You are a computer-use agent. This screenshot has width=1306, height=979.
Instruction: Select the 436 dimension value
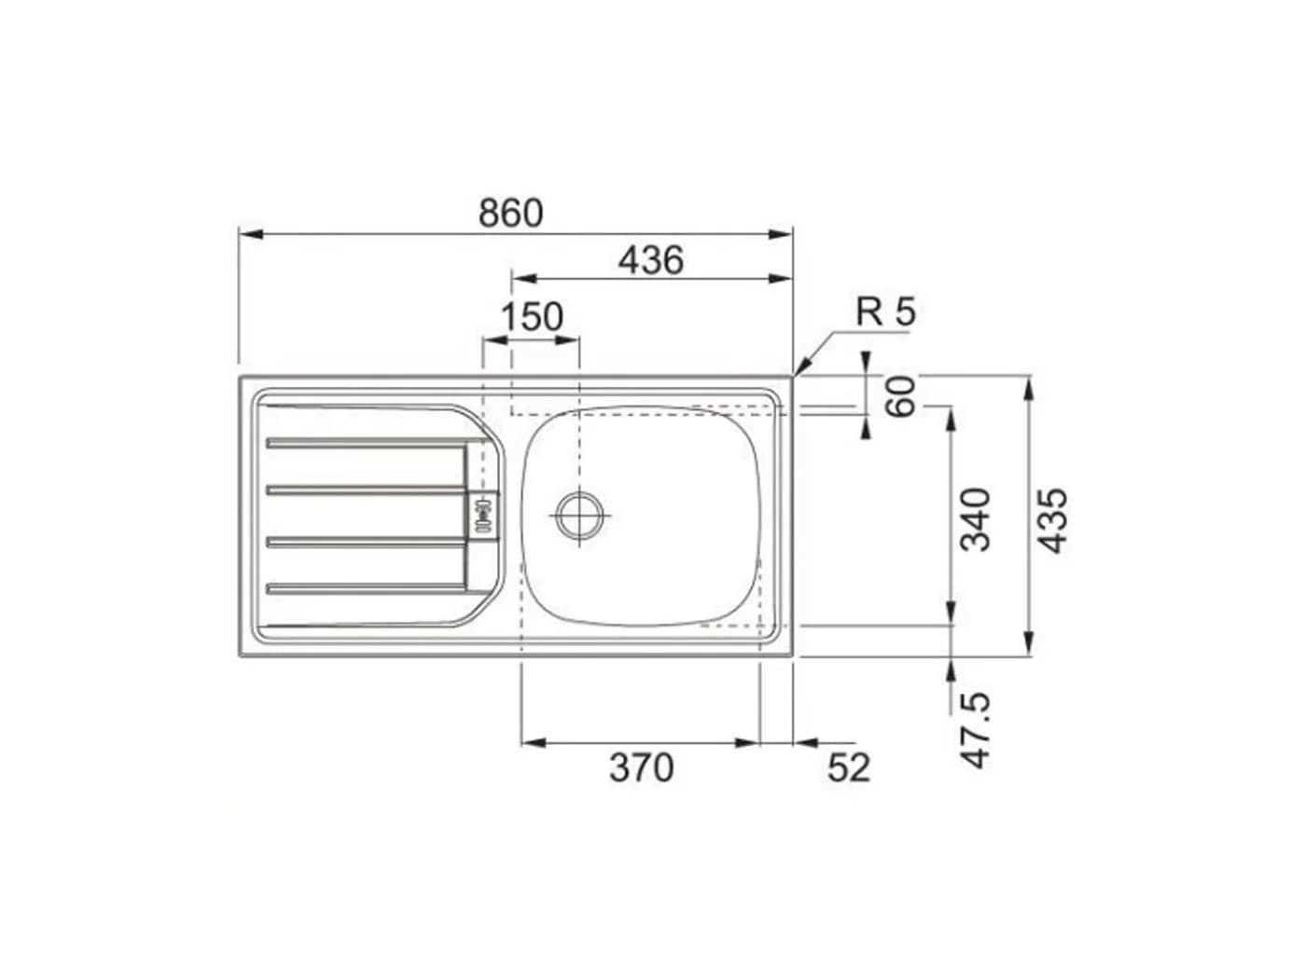pos(651,260)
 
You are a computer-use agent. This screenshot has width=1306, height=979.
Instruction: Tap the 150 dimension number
pos(532,317)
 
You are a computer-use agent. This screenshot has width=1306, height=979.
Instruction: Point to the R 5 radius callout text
pos(885,311)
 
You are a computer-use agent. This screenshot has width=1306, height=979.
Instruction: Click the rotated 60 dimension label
pos(899,396)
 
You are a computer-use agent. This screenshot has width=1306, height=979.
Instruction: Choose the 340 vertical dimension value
pos(976,519)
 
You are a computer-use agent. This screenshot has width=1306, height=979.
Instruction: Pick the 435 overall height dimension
pos(1052,520)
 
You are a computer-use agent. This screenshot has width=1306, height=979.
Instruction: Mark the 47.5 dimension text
pos(976,730)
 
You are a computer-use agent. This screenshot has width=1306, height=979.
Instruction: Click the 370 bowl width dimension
pos(641,767)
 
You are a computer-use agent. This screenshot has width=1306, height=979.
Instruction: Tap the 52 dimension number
pos(849,767)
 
